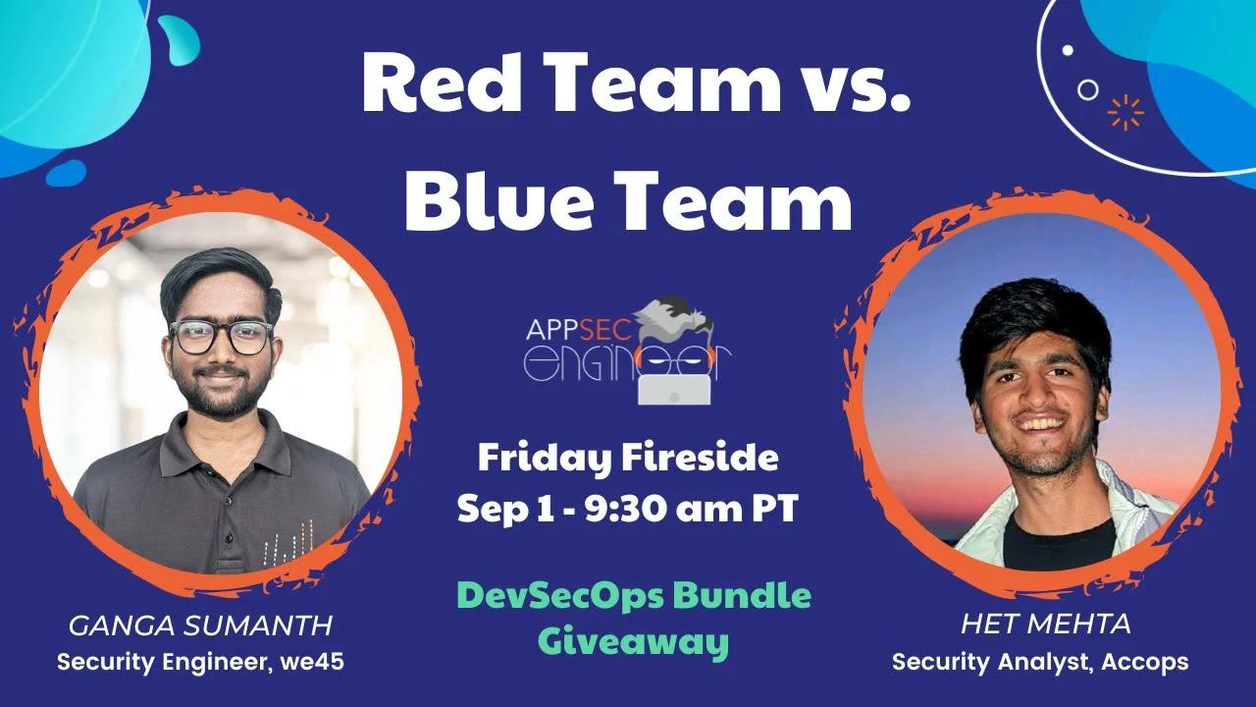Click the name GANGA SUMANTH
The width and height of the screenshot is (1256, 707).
tap(200, 625)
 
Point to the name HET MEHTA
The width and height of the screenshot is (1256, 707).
tap(1046, 623)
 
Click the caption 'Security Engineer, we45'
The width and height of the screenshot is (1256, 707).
tap(200, 662)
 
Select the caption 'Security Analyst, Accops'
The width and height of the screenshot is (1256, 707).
tap(1040, 662)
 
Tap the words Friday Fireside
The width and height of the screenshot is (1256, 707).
tap(628, 457)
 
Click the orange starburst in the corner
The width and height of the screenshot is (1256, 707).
tap(1125, 112)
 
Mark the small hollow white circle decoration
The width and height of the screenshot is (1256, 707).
tap(1088, 89)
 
